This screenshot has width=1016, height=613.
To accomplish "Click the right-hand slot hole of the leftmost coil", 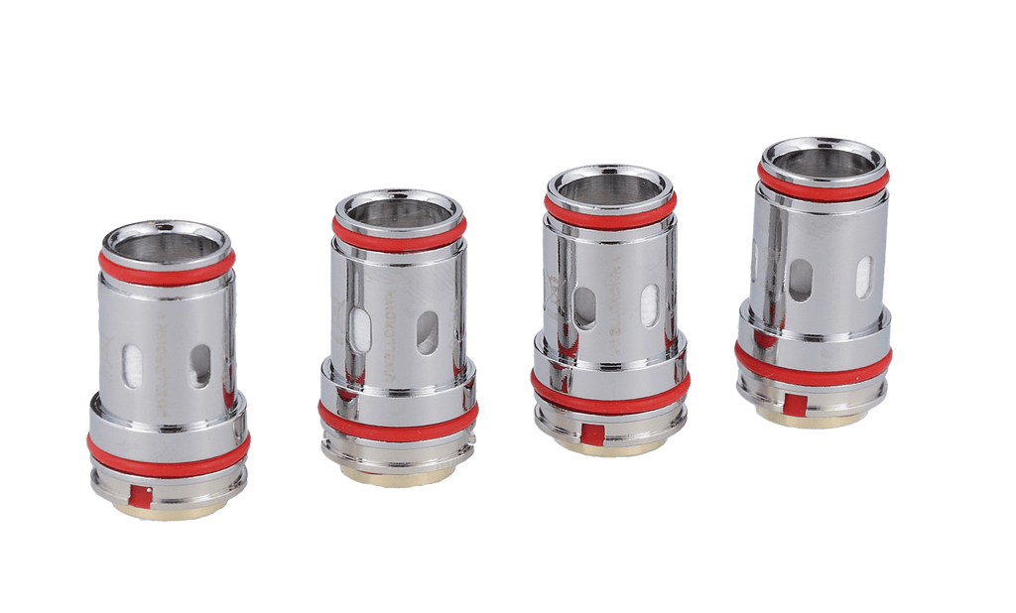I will coord(201,366).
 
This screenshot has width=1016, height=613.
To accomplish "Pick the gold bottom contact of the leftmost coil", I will coord(169,512).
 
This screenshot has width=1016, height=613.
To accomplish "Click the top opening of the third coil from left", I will coord(609,185).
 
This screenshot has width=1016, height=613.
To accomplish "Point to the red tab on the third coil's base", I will coord(588,432).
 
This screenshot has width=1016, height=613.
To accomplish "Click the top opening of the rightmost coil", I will coord(823,156).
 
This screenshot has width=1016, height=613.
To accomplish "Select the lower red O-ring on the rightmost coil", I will coord(814,364).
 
